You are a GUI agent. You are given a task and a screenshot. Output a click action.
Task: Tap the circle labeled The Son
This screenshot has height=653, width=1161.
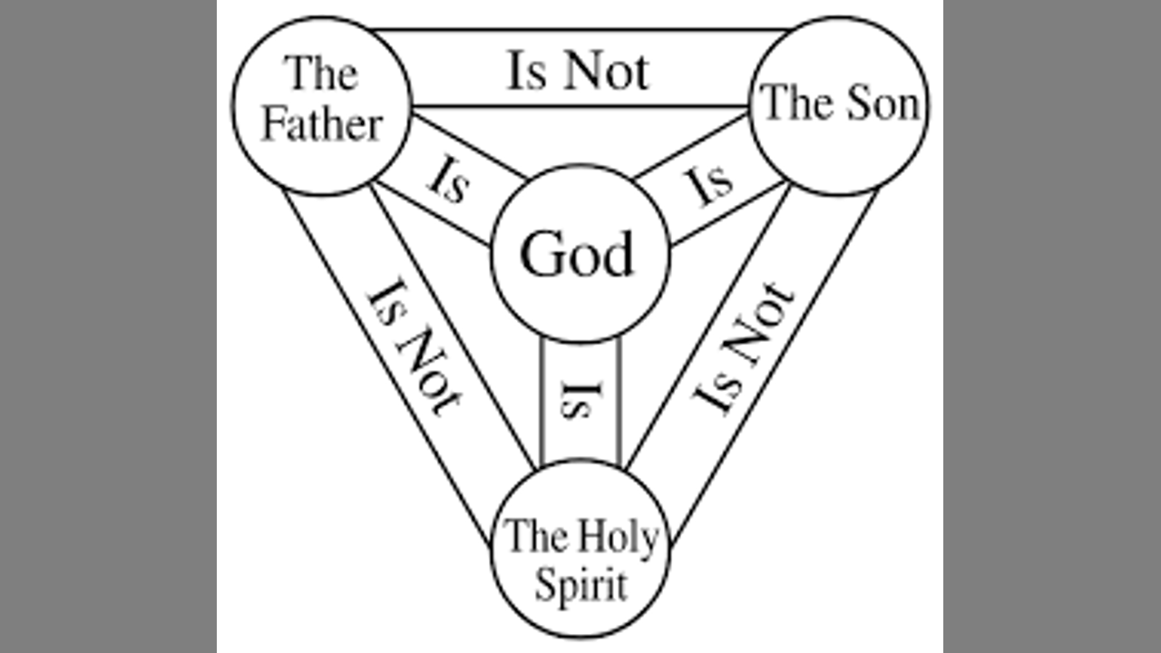tap(839, 103)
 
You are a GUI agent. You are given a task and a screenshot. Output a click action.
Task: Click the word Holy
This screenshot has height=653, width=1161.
tap(619, 539)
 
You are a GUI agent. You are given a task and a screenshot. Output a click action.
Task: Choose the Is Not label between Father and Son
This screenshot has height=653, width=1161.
tap(578, 71)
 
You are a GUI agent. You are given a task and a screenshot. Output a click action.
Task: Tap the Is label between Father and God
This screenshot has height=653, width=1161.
tap(448, 180)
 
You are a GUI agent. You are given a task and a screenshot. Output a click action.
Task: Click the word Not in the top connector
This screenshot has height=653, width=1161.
tap(604, 71)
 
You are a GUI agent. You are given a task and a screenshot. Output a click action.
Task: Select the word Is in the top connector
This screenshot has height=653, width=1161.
tap(526, 71)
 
